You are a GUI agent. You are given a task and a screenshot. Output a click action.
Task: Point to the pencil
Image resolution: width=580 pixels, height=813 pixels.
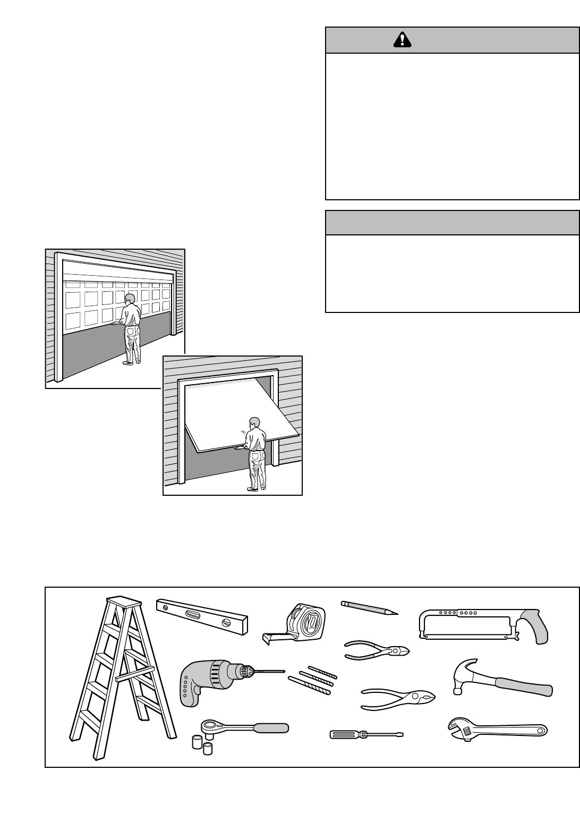pos(369,608)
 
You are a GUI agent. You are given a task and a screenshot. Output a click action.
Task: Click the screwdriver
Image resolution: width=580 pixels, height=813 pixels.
pos(366,734)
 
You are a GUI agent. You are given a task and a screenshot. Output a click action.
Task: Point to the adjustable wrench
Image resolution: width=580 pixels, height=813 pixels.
pos(497,729)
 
